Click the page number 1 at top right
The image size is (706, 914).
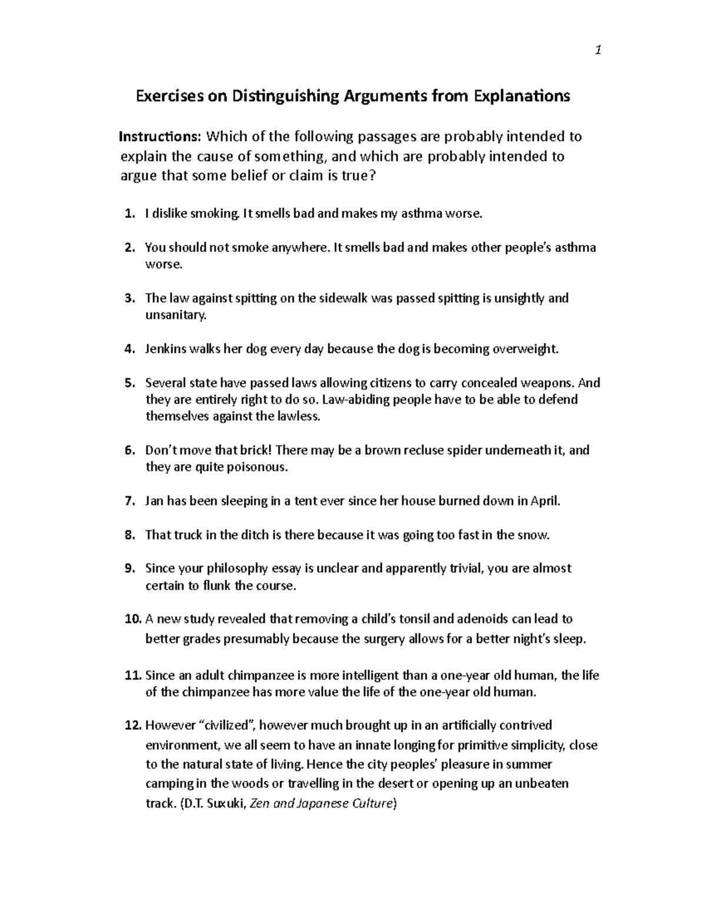[598, 51]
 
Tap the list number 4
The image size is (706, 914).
[130, 349]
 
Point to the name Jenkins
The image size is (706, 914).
[166, 349]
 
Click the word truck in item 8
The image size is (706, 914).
[188, 535]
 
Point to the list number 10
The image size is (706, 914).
[134, 619]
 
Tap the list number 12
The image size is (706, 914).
[134, 725]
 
